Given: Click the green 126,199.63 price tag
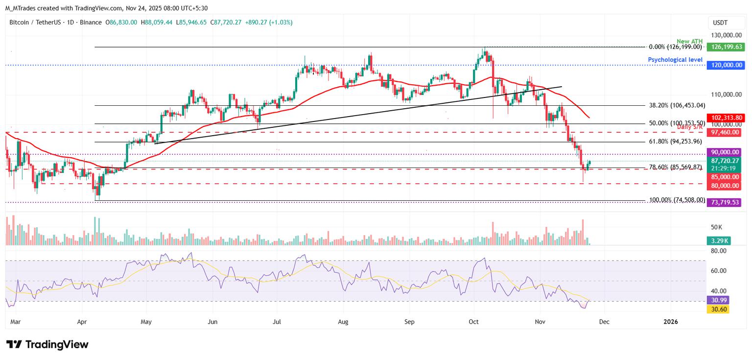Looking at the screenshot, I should [x=725, y=47].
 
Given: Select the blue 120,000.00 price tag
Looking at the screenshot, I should [x=725, y=65].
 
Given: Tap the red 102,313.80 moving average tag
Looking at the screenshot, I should [x=725, y=118].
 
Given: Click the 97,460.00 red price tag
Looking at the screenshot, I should [x=725, y=132].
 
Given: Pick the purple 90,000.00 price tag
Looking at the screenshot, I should [x=725, y=153].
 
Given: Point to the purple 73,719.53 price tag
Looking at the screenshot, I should [x=725, y=202].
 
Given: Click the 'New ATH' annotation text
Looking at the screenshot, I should [x=690, y=42].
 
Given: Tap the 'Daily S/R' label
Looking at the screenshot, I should [x=690, y=127].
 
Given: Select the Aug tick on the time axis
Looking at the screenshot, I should [x=343, y=322].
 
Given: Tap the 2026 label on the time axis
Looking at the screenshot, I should [x=670, y=322].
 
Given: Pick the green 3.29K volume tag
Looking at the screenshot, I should [x=718, y=240].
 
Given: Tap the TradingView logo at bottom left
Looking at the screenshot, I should [x=47, y=344].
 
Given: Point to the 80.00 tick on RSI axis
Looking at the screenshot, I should [x=718, y=251].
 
